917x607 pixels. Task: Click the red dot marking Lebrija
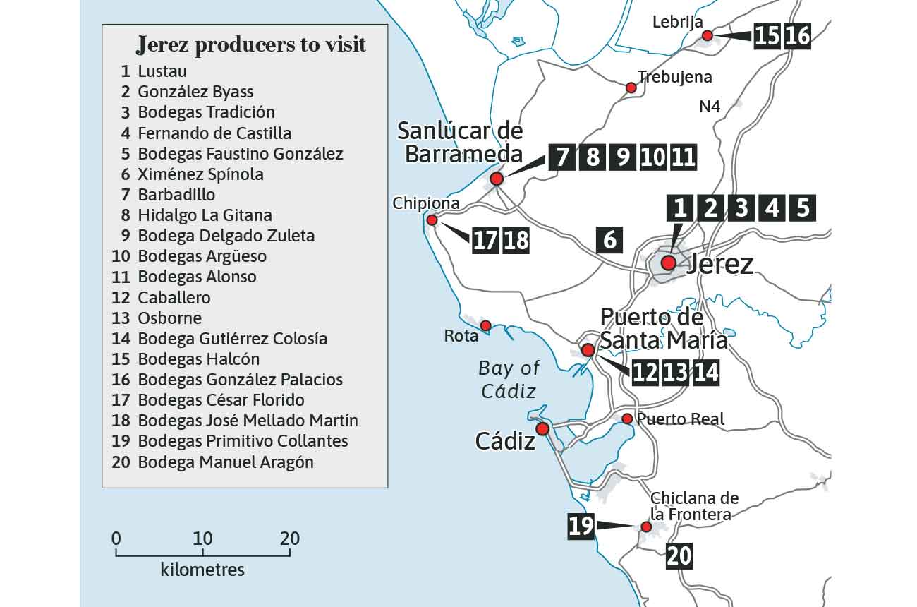[x=708, y=35]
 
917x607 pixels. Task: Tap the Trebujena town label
[x=674, y=77]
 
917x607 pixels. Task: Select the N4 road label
[x=710, y=107]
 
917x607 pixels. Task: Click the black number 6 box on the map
[x=609, y=240]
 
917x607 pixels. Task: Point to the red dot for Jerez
[x=668, y=263]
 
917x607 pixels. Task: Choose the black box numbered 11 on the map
[x=684, y=157]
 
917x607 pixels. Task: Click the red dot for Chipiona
[x=432, y=220]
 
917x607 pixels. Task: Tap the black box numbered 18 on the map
[x=516, y=240]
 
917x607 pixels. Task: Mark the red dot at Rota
[x=485, y=325]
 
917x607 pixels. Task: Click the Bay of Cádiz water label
[x=509, y=379]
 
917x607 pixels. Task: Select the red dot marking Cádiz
[x=542, y=429]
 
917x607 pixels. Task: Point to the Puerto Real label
[x=680, y=419]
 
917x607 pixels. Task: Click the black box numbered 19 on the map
[x=581, y=527]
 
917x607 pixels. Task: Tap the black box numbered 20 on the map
[x=679, y=556]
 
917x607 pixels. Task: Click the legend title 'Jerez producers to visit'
[x=251, y=45]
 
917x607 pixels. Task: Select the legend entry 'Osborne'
[x=169, y=318]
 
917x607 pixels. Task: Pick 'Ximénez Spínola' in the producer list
[x=200, y=174]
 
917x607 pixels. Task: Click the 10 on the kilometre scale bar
[x=202, y=539]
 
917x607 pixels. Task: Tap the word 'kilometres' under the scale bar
[x=202, y=570]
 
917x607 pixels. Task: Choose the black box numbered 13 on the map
[x=675, y=372]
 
